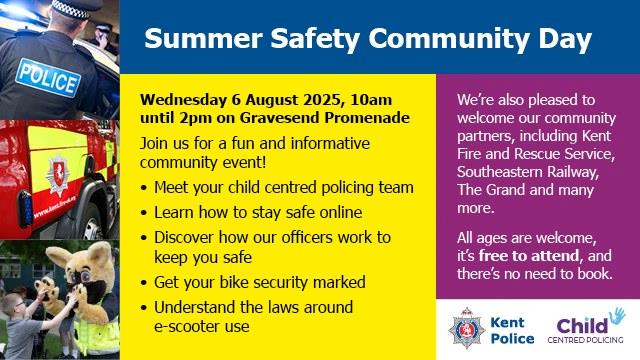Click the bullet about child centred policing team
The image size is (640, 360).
coord(284,187)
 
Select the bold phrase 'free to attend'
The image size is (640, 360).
coord(530,256)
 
